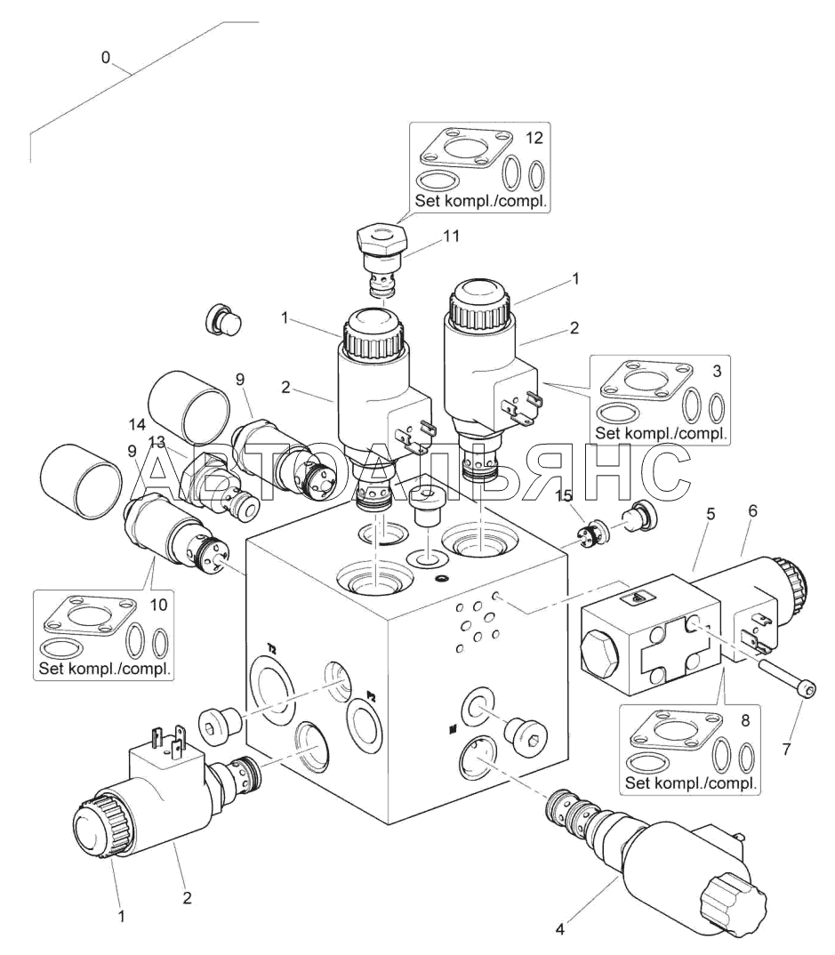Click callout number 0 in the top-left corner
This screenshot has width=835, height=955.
106,58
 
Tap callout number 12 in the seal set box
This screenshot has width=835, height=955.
534,139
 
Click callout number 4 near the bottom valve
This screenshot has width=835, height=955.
560,930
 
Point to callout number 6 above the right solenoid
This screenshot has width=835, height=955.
752,513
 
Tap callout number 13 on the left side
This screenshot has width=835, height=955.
157,442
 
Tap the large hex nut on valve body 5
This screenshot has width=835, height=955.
598,654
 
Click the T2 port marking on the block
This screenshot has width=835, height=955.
271,649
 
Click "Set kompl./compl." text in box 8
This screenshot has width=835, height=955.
692,783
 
